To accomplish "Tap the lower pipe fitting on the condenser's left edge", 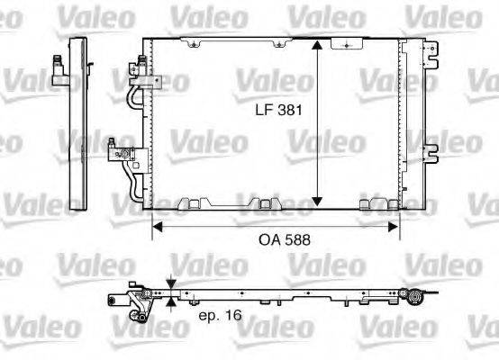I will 118,150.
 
